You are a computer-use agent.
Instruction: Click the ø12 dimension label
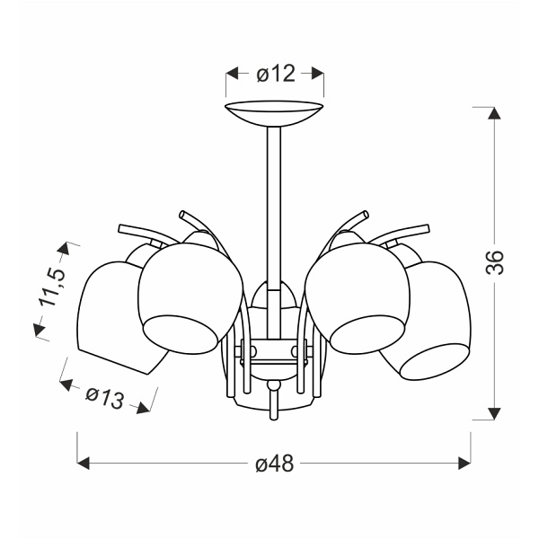point(276,74)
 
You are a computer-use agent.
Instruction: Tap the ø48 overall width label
point(275,464)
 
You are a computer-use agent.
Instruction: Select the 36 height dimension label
point(495,262)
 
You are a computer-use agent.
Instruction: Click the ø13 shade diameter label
point(104,398)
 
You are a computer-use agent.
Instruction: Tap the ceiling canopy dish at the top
point(274,114)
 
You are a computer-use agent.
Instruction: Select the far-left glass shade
point(113,316)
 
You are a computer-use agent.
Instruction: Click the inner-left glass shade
point(190,298)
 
